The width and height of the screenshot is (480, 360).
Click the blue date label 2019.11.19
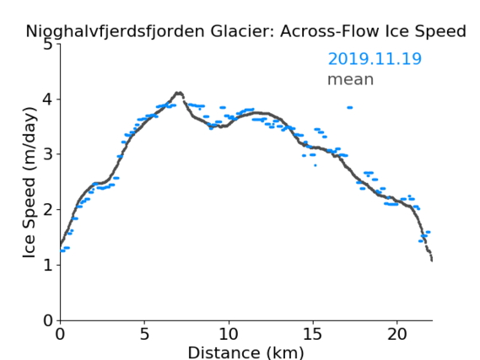(375, 59)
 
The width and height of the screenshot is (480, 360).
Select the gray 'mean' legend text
(351, 79)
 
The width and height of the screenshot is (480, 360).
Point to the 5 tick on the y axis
(48, 45)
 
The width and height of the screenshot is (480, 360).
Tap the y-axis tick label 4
(48, 99)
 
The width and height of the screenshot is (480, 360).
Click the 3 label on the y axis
(48, 154)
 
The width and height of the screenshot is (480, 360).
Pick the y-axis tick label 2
(48, 210)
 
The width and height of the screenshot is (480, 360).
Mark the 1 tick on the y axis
(48, 265)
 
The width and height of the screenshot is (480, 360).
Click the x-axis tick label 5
(144, 334)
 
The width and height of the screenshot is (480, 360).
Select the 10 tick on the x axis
(229, 334)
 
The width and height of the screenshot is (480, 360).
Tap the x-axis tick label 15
(313, 334)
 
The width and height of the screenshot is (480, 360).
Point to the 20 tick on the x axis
(396, 334)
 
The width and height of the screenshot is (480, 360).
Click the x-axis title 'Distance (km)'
(245, 352)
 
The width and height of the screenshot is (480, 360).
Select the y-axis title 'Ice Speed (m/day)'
(30, 182)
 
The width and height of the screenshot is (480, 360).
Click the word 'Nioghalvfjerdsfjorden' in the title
(115, 31)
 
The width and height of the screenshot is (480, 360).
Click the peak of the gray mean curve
(179, 93)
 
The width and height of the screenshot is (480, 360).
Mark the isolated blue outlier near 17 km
(349, 107)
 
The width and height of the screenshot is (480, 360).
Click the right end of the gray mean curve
(432, 261)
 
